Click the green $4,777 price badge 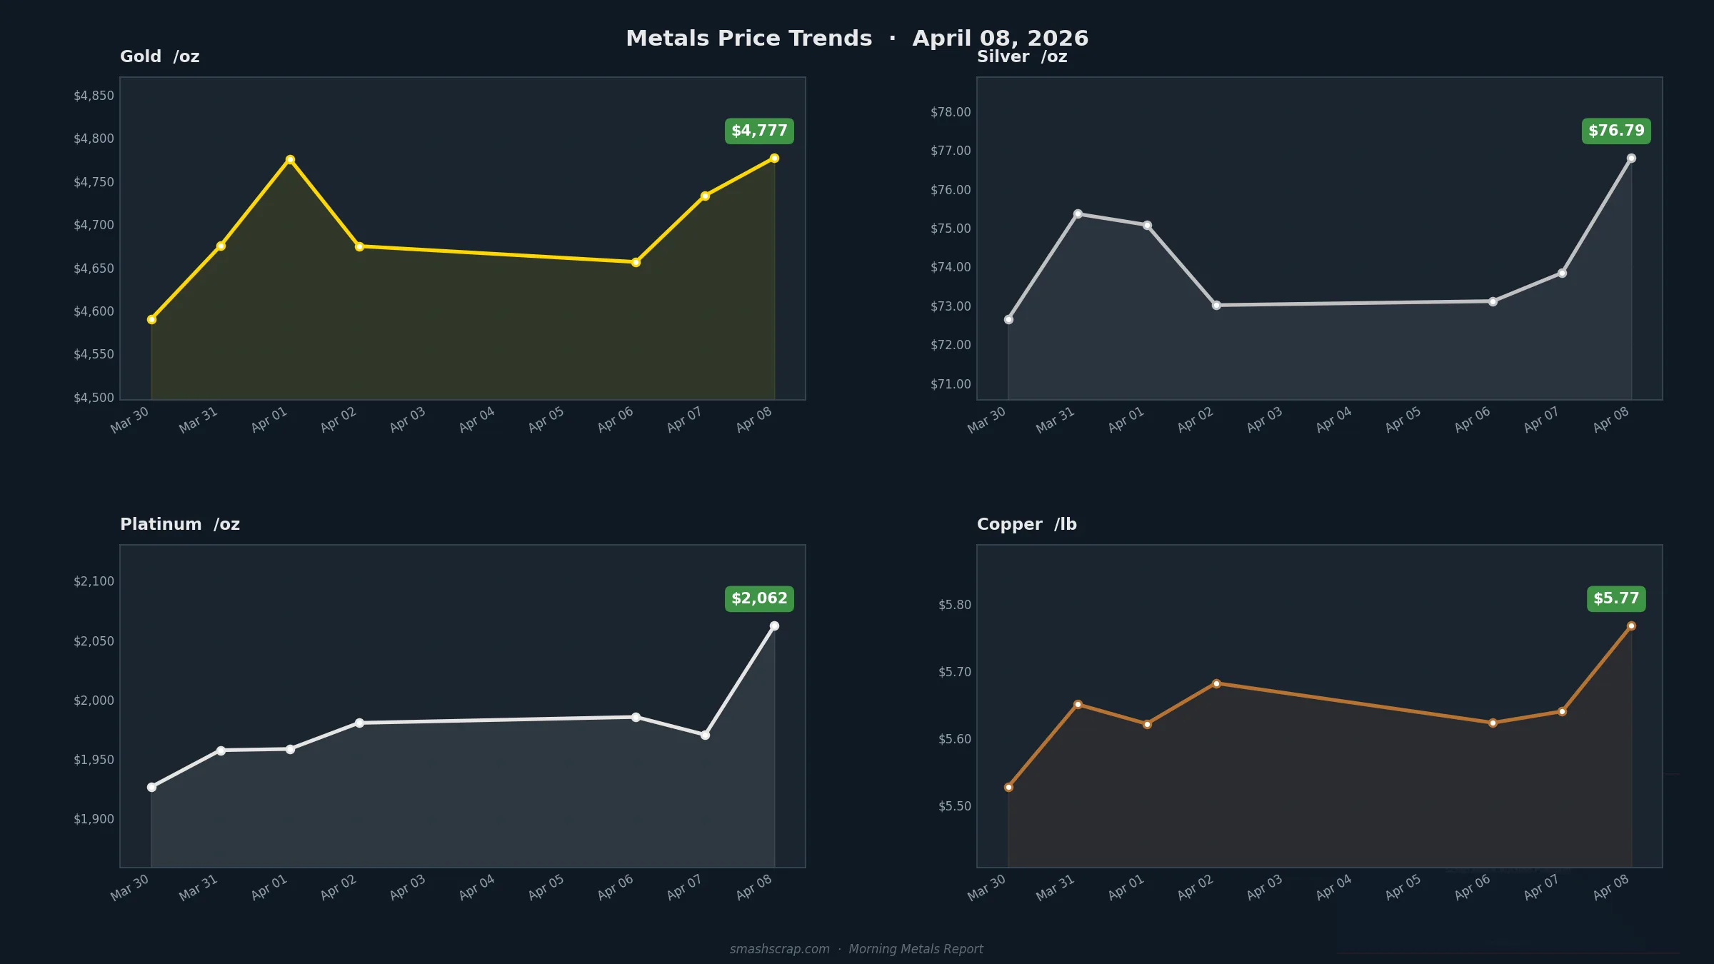pyautogui.click(x=759, y=131)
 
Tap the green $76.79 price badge pyautogui.click(x=1616, y=131)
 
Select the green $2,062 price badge pyautogui.click(x=759, y=598)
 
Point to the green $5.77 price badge pyautogui.click(x=1616, y=598)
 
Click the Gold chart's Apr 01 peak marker pyautogui.click(x=290, y=160)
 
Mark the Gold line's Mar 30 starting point pyautogui.click(x=151, y=319)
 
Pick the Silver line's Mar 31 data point pyautogui.click(x=1078, y=214)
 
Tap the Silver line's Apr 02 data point pyautogui.click(x=1216, y=305)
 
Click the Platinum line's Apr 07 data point pyautogui.click(x=705, y=735)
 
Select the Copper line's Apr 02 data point pyautogui.click(x=1216, y=683)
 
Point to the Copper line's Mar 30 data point pyautogui.click(x=1008, y=787)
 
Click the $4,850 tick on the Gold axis pyautogui.click(x=94, y=96)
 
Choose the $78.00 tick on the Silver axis pyautogui.click(x=951, y=112)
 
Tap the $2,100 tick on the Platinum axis pyautogui.click(x=94, y=581)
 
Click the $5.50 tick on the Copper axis pyautogui.click(x=955, y=806)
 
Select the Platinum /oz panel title pyautogui.click(x=180, y=524)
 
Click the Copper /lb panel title pyautogui.click(x=1026, y=524)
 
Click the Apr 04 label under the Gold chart pyautogui.click(x=477, y=419)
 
